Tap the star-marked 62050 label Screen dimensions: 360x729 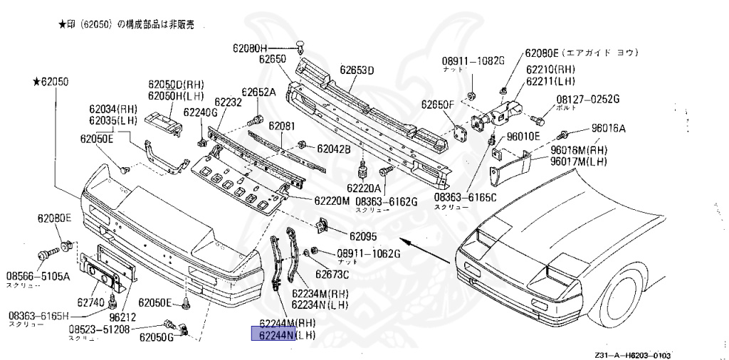pyautogui.click(x=50, y=83)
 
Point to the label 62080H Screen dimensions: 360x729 pyautogui.click(x=249, y=48)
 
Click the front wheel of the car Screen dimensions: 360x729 pyautogui.click(x=626, y=297)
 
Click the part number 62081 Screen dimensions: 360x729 pyautogui.click(x=282, y=126)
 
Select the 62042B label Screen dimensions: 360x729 pyautogui.click(x=334, y=149)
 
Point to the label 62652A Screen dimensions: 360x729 pyautogui.click(x=258, y=92)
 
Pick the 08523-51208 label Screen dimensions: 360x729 pyautogui.click(x=99, y=330)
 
